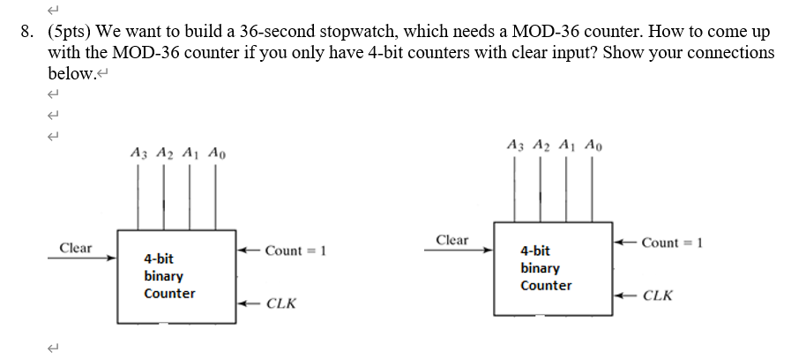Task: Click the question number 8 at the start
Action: pyautogui.click(x=27, y=32)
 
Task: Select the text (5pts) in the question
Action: pyautogui.click(x=69, y=32)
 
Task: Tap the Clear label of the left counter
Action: pyautogui.click(x=76, y=248)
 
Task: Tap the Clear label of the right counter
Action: pyautogui.click(x=452, y=240)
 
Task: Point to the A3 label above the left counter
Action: pyautogui.click(x=137, y=153)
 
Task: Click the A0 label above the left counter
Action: pyautogui.click(x=217, y=153)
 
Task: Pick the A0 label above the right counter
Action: pyautogui.click(x=595, y=145)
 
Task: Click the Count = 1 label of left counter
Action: pyautogui.click(x=295, y=251)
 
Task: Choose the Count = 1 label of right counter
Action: pyautogui.click(x=671, y=243)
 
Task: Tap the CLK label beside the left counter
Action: pyautogui.click(x=280, y=304)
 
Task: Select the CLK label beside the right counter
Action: pyautogui.click(x=658, y=296)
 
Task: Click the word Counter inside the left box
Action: pyautogui.click(x=169, y=294)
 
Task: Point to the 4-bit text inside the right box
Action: pyautogui.click(x=535, y=251)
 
